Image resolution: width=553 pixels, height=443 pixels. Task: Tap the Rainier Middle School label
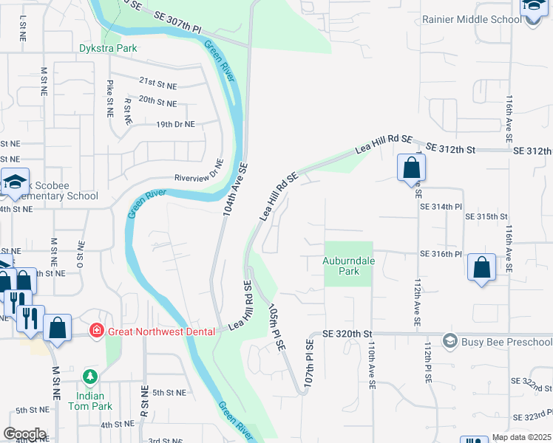pos(470,19)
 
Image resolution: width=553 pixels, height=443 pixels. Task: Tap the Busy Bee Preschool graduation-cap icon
pos(449,341)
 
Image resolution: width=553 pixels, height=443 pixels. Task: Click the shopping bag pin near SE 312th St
pos(410,168)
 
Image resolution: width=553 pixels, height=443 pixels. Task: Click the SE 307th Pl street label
pos(177,21)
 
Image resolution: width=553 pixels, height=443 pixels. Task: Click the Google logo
pos(24,434)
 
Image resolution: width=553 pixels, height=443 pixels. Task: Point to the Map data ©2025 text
pos(521,438)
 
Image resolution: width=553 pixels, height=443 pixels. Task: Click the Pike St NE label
pos(110,99)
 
